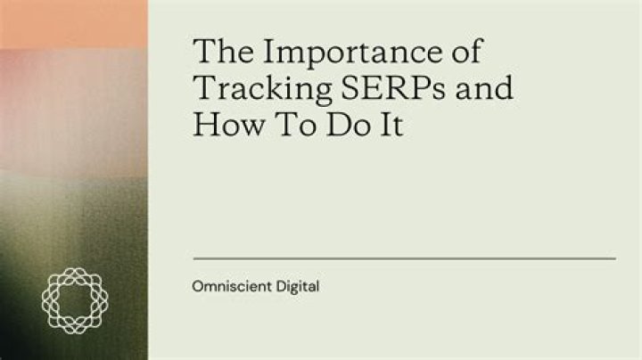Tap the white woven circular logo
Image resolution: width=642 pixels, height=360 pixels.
coord(74,301)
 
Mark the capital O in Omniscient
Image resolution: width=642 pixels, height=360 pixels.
coord(198,288)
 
